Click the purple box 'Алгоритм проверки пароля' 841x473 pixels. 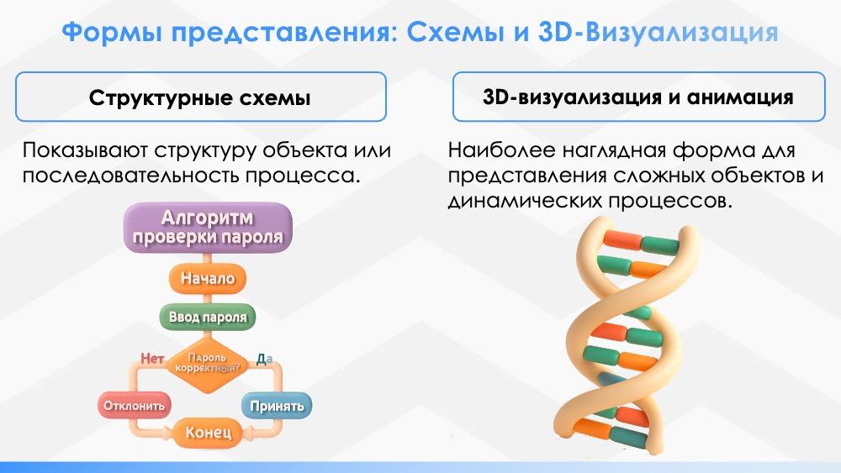208,227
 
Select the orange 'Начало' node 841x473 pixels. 208,278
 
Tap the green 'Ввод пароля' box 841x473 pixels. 208,317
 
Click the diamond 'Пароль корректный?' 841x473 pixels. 208,364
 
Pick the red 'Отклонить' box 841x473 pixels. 134,406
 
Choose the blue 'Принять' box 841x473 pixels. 277,406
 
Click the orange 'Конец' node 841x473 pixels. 208,433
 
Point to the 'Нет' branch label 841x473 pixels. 152,359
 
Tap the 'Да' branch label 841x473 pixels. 264,359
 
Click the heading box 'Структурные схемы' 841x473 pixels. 201,97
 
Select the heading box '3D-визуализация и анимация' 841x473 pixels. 639,97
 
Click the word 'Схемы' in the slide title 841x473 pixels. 455,32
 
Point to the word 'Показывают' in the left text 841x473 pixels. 85,150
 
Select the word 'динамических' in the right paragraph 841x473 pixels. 525,201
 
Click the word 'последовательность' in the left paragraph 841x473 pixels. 131,176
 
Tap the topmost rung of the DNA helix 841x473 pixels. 640,243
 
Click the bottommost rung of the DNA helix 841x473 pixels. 611,433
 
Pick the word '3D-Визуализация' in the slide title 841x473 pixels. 659,32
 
